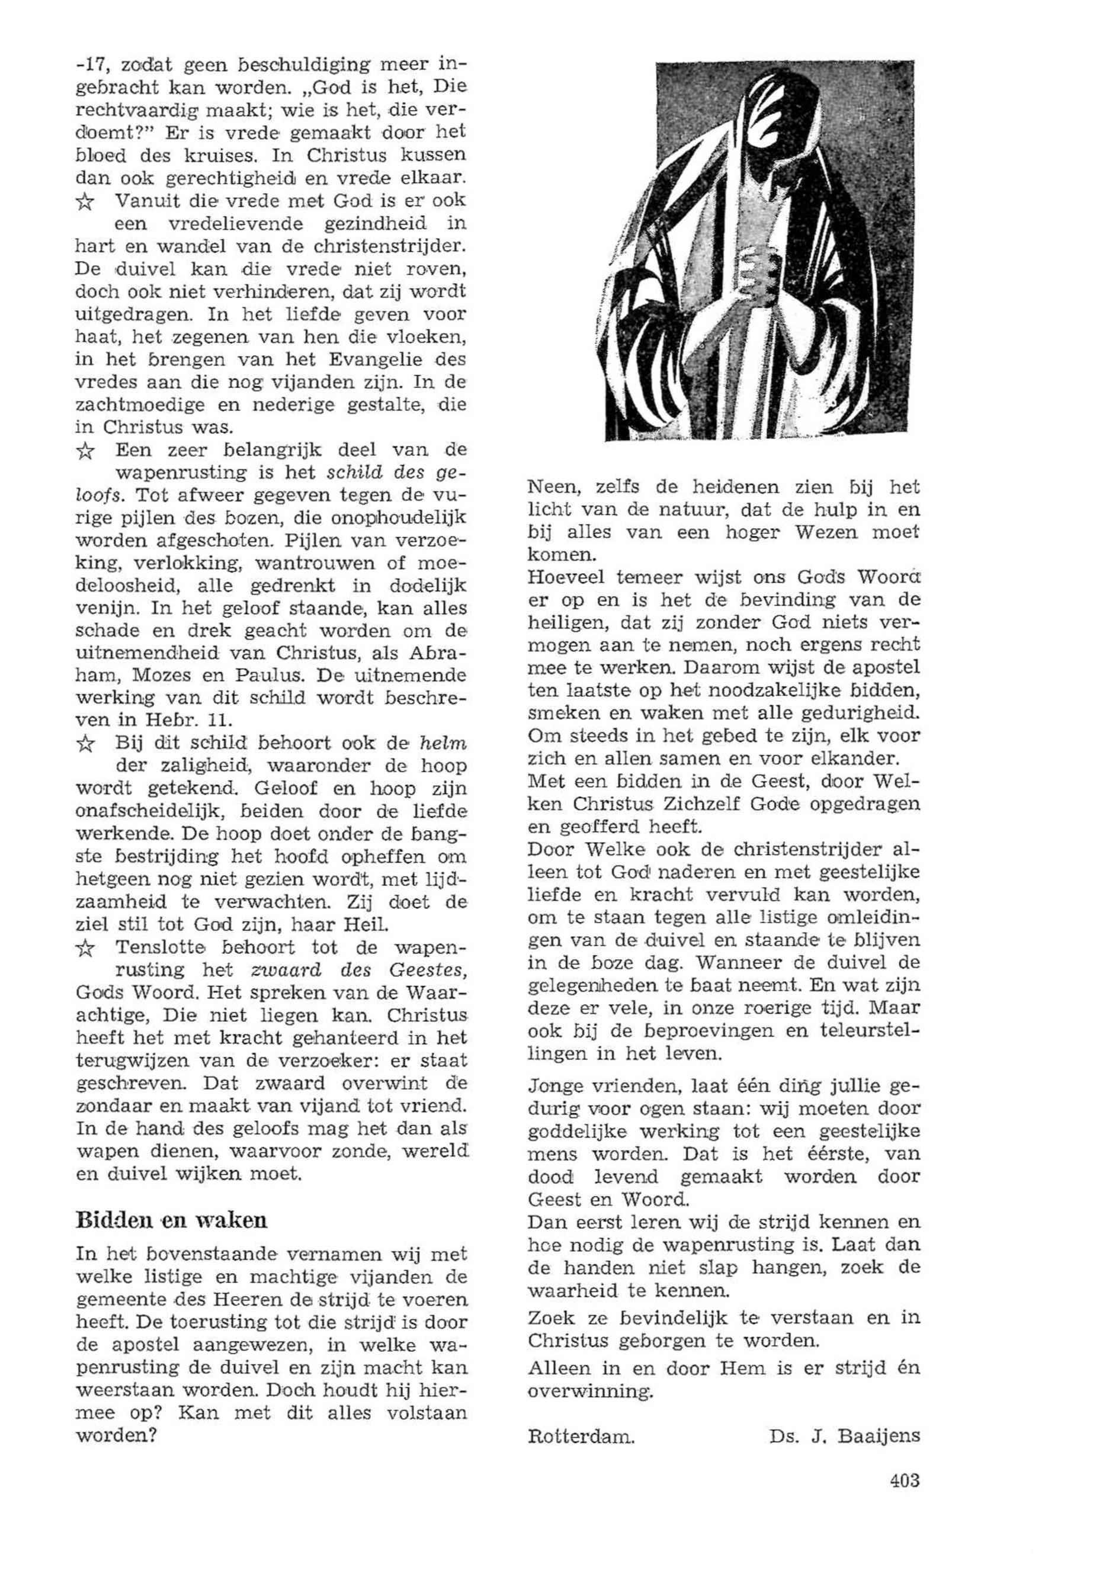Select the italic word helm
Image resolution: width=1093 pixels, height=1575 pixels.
(443, 743)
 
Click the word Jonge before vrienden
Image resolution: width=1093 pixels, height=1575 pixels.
(554, 1087)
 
